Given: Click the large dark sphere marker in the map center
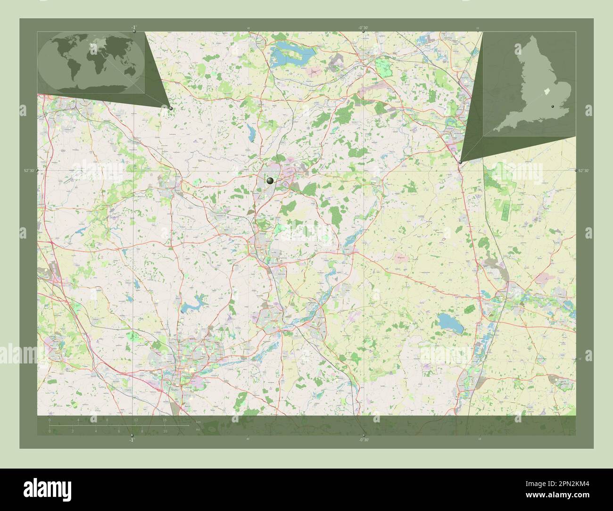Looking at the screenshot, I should pyautogui.click(x=270, y=181).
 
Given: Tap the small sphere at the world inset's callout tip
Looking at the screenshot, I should pyautogui.click(x=171, y=108).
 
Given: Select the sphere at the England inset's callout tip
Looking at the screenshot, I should pyautogui.click(x=460, y=162).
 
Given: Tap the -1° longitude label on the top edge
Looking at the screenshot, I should pyautogui.click(x=134, y=27).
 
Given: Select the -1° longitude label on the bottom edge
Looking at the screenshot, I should pyautogui.click(x=132, y=439).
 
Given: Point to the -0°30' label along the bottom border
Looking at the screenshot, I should pyautogui.click(x=363, y=439).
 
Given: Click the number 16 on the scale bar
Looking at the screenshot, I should pyautogui.click(x=165, y=420).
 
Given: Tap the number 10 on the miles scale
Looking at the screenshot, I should pyautogui.click(x=166, y=431).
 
